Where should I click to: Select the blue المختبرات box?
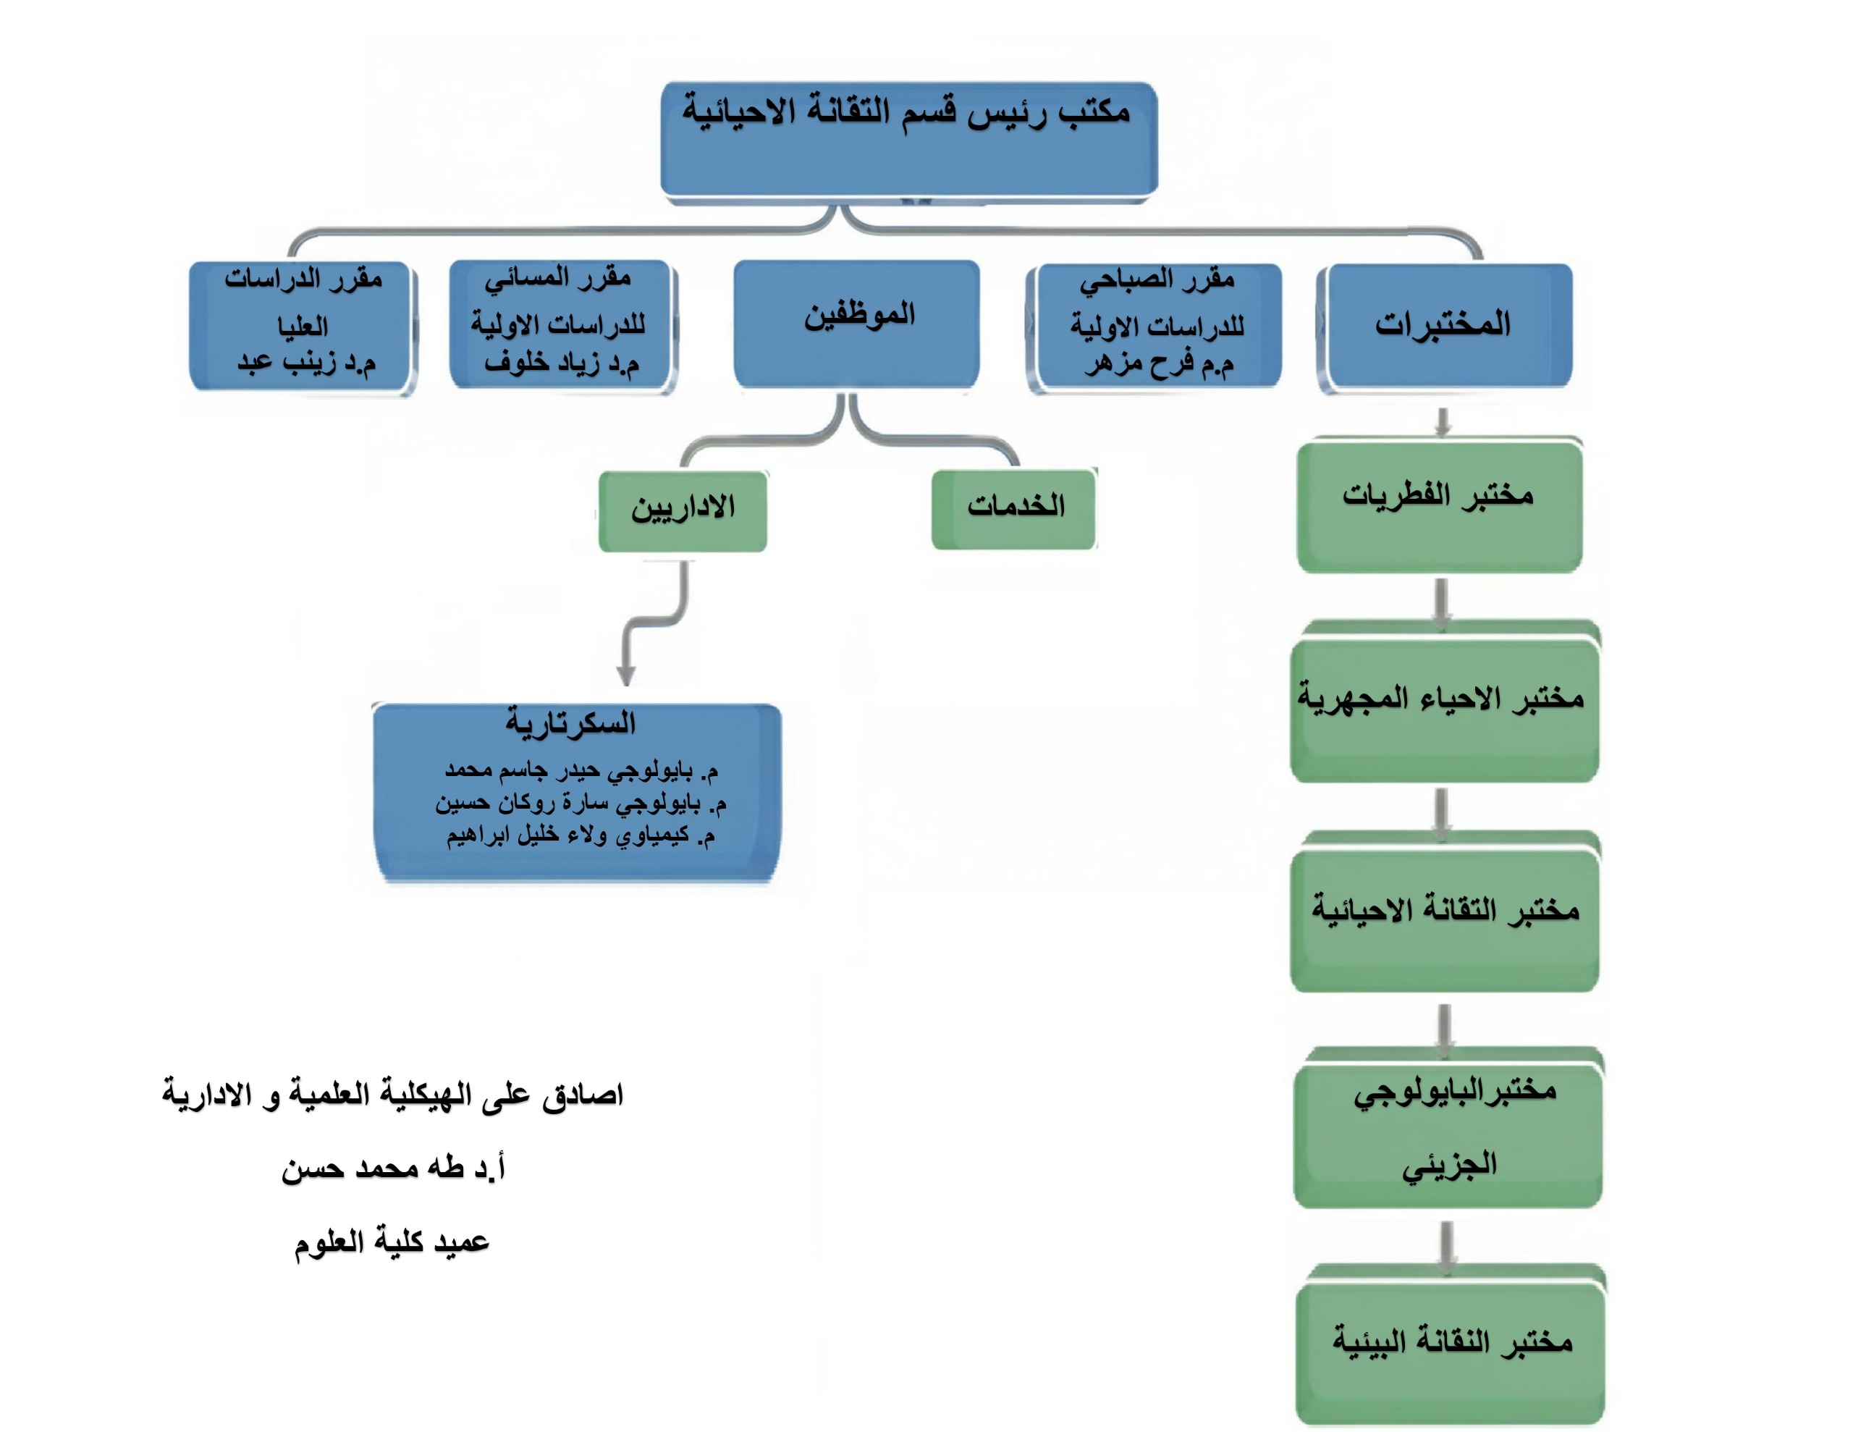pos(1444,324)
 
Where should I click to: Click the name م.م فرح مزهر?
pos(1158,363)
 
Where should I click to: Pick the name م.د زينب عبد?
pos(305,363)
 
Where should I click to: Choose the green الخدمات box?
pos(1015,507)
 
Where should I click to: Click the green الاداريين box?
pos(683,509)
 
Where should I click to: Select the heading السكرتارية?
pos(571,723)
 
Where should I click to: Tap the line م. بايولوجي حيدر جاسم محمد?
pos(581,770)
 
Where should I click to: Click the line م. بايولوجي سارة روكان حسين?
pos(581,802)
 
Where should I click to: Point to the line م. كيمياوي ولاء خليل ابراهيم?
pos(581,835)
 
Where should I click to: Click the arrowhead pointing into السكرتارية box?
pos(626,675)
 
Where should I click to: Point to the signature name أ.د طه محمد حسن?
pos(393,1168)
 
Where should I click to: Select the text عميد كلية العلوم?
pos(392,1242)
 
